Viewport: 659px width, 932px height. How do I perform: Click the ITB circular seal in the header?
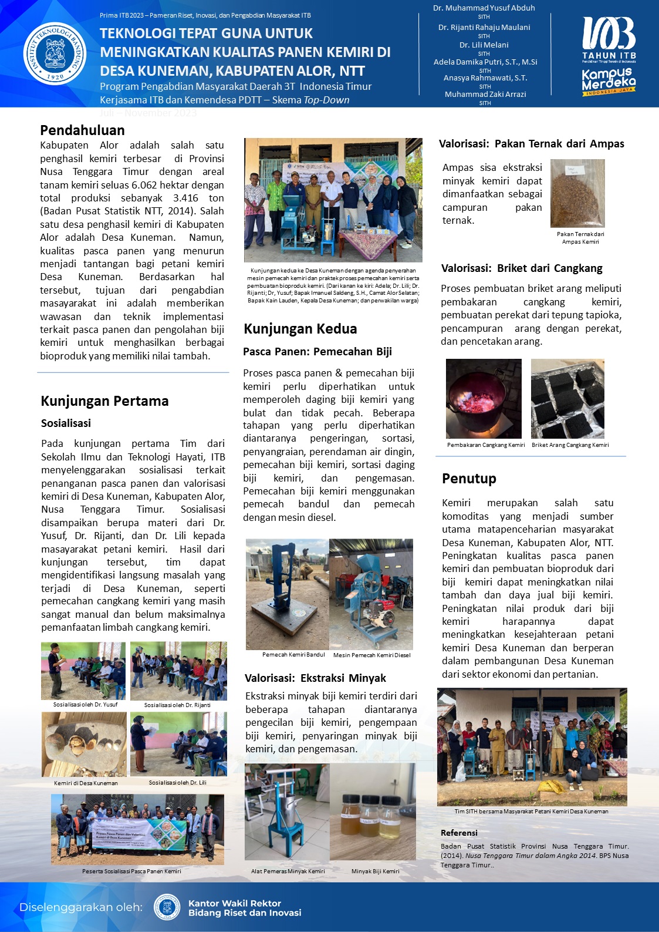(55, 53)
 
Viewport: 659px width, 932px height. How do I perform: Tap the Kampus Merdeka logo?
(609, 81)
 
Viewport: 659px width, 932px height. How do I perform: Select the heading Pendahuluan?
(82, 130)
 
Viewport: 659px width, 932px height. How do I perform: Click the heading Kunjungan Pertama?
(104, 401)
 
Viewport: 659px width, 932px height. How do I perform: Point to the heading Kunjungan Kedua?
(300, 329)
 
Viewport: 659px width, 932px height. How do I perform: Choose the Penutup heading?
(469, 479)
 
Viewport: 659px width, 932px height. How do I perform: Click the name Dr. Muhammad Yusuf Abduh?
(484, 8)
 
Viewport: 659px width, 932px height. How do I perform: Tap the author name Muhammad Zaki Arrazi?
(485, 94)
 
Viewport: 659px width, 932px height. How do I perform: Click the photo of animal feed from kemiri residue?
(577, 193)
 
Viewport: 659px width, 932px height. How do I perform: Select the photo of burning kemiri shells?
(484, 399)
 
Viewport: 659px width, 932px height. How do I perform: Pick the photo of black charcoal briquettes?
(567, 399)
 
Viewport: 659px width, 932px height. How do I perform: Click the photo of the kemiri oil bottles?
(373, 812)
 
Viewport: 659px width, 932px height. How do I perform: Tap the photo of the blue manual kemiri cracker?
(287, 594)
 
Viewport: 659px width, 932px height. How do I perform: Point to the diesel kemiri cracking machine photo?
(371, 594)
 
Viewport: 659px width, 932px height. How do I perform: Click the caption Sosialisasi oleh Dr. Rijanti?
(177, 705)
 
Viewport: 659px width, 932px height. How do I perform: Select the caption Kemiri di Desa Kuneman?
(86, 783)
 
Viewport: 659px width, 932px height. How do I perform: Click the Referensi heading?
(459, 833)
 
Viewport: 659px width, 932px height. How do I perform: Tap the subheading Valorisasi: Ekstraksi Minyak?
(315, 678)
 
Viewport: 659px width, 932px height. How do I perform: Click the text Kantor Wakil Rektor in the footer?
(235, 903)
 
